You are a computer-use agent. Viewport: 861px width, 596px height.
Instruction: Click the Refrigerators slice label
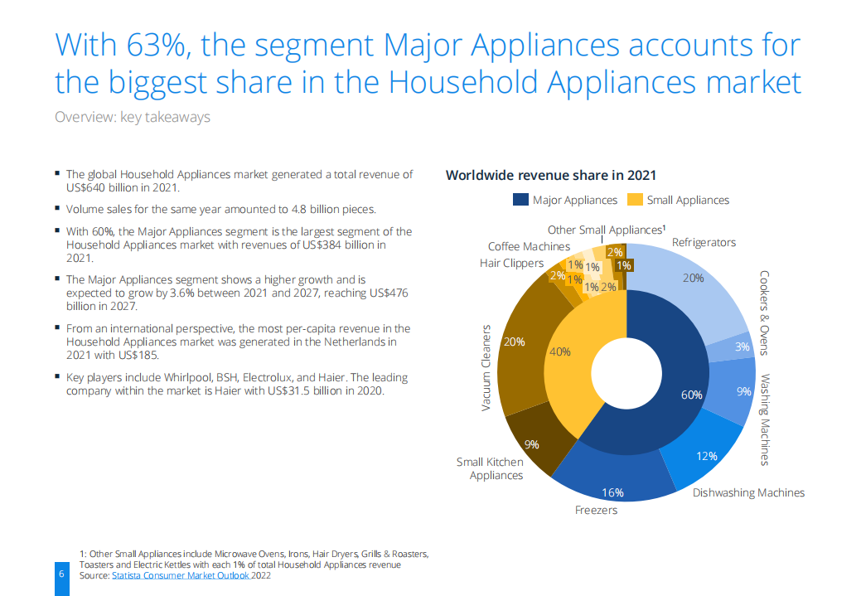(704, 242)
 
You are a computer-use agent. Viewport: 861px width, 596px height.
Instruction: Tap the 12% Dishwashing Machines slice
(706, 457)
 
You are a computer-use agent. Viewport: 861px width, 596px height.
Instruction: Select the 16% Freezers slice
(612, 489)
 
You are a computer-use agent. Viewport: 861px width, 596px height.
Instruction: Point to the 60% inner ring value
(691, 395)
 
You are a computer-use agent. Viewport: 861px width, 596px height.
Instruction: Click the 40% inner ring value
(559, 351)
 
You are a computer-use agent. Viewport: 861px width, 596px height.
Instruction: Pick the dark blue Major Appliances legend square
(520, 200)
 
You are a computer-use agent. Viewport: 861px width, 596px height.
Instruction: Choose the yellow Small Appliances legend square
(635, 200)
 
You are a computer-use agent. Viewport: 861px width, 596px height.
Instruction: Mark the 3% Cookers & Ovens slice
(742, 346)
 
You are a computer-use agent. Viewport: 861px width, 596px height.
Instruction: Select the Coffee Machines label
(529, 246)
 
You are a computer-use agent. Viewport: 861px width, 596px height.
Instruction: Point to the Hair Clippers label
(511, 263)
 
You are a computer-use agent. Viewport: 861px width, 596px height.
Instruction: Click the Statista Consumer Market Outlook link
(179, 576)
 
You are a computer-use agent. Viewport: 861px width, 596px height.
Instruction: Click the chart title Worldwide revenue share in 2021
(550, 175)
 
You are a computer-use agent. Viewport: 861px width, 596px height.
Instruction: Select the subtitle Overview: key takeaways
(132, 117)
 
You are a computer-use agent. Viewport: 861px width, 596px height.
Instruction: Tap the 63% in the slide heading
(154, 45)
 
